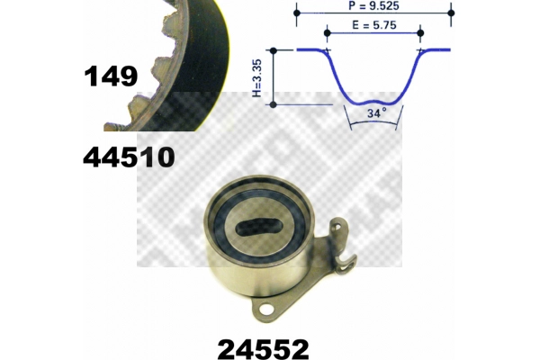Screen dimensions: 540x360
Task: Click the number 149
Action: pos(111,76)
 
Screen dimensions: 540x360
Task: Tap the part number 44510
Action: pos(129,157)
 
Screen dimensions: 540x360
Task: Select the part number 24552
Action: pos(263,349)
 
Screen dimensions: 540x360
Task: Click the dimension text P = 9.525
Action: pos(373,6)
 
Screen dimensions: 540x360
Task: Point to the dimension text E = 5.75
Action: pos(374,25)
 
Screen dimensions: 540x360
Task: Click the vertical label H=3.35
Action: pos(257,78)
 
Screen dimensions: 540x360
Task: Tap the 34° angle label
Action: pos(377,113)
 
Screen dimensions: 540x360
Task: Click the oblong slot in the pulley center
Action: pos(259,227)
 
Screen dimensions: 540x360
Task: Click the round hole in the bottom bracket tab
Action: pos(265,308)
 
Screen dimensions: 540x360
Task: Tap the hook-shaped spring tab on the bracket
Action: pos(348,265)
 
